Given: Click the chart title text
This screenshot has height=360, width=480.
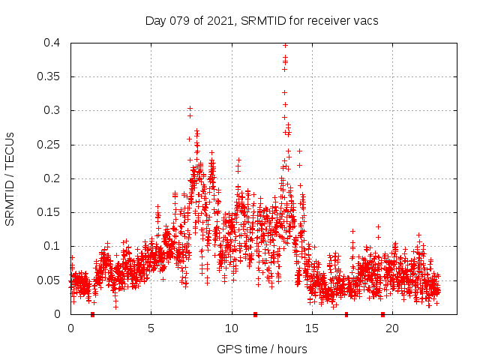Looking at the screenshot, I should (x=262, y=20).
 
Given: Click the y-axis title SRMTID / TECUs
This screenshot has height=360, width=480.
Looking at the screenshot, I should (x=10, y=179).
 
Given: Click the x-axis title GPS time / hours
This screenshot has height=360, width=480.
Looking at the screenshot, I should (x=262, y=349).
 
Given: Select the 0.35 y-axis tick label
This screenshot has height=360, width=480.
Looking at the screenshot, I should (x=52, y=76).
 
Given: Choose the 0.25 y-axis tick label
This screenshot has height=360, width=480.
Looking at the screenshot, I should (x=52, y=145).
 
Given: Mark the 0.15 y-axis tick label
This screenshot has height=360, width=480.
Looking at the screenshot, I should (x=52, y=212).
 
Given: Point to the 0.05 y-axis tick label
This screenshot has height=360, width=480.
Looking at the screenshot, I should (x=52, y=280).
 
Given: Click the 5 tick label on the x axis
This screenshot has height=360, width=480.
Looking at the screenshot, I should (x=151, y=328).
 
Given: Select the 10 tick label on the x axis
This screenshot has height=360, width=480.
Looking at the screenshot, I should (x=232, y=328).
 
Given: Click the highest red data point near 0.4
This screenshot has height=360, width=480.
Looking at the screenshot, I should (x=285, y=45).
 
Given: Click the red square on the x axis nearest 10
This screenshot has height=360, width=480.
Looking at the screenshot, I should (x=256, y=314).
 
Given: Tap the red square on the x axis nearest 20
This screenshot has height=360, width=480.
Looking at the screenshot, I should (x=382, y=314).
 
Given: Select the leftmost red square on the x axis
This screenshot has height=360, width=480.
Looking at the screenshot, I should (x=92, y=314).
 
